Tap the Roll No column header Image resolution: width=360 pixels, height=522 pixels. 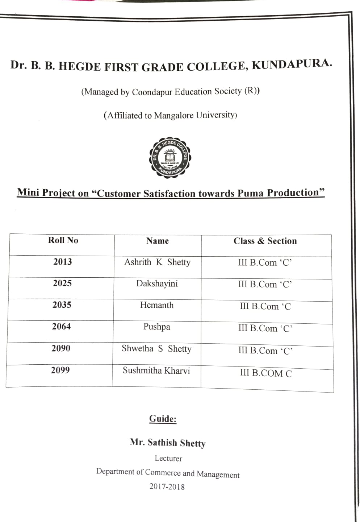pyautogui.click(x=63, y=240)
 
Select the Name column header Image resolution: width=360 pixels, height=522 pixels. pyautogui.click(x=158, y=241)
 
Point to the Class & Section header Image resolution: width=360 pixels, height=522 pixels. pyautogui.click(x=265, y=241)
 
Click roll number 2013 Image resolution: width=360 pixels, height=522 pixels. pyautogui.click(x=63, y=262)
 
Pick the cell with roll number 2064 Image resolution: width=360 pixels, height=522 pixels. pyautogui.click(x=61, y=327)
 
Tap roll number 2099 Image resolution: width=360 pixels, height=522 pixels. pyautogui.click(x=60, y=370)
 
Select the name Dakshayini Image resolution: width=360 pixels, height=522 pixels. pyautogui.click(x=157, y=283)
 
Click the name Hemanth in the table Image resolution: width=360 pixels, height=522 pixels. pyautogui.click(x=157, y=305)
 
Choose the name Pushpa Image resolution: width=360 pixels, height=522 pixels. pyautogui.click(x=156, y=327)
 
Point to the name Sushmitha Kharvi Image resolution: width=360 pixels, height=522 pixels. pyautogui.click(x=156, y=370)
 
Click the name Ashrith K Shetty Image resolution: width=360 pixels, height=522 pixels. pyautogui.click(x=157, y=262)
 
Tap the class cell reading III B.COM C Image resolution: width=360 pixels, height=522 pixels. pyautogui.click(x=266, y=373)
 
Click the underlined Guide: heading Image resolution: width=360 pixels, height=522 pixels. pyautogui.click(x=163, y=419)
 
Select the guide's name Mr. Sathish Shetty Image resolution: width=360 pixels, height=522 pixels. pyautogui.click(x=168, y=443)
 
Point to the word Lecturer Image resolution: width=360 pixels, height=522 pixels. pyautogui.click(x=168, y=459)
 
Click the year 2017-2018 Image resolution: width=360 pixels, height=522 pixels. pyautogui.click(x=167, y=486)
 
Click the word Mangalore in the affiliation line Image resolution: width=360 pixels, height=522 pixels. pyautogui.click(x=174, y=116)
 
